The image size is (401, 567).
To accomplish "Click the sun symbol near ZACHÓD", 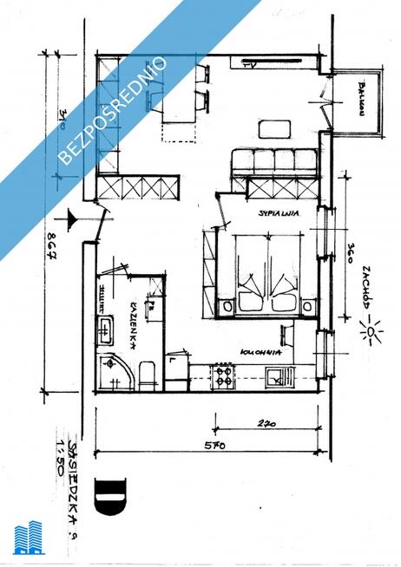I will (374, 332).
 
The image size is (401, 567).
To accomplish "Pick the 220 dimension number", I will (266, 425).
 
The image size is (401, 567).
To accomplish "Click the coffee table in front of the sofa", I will (275, 129).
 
